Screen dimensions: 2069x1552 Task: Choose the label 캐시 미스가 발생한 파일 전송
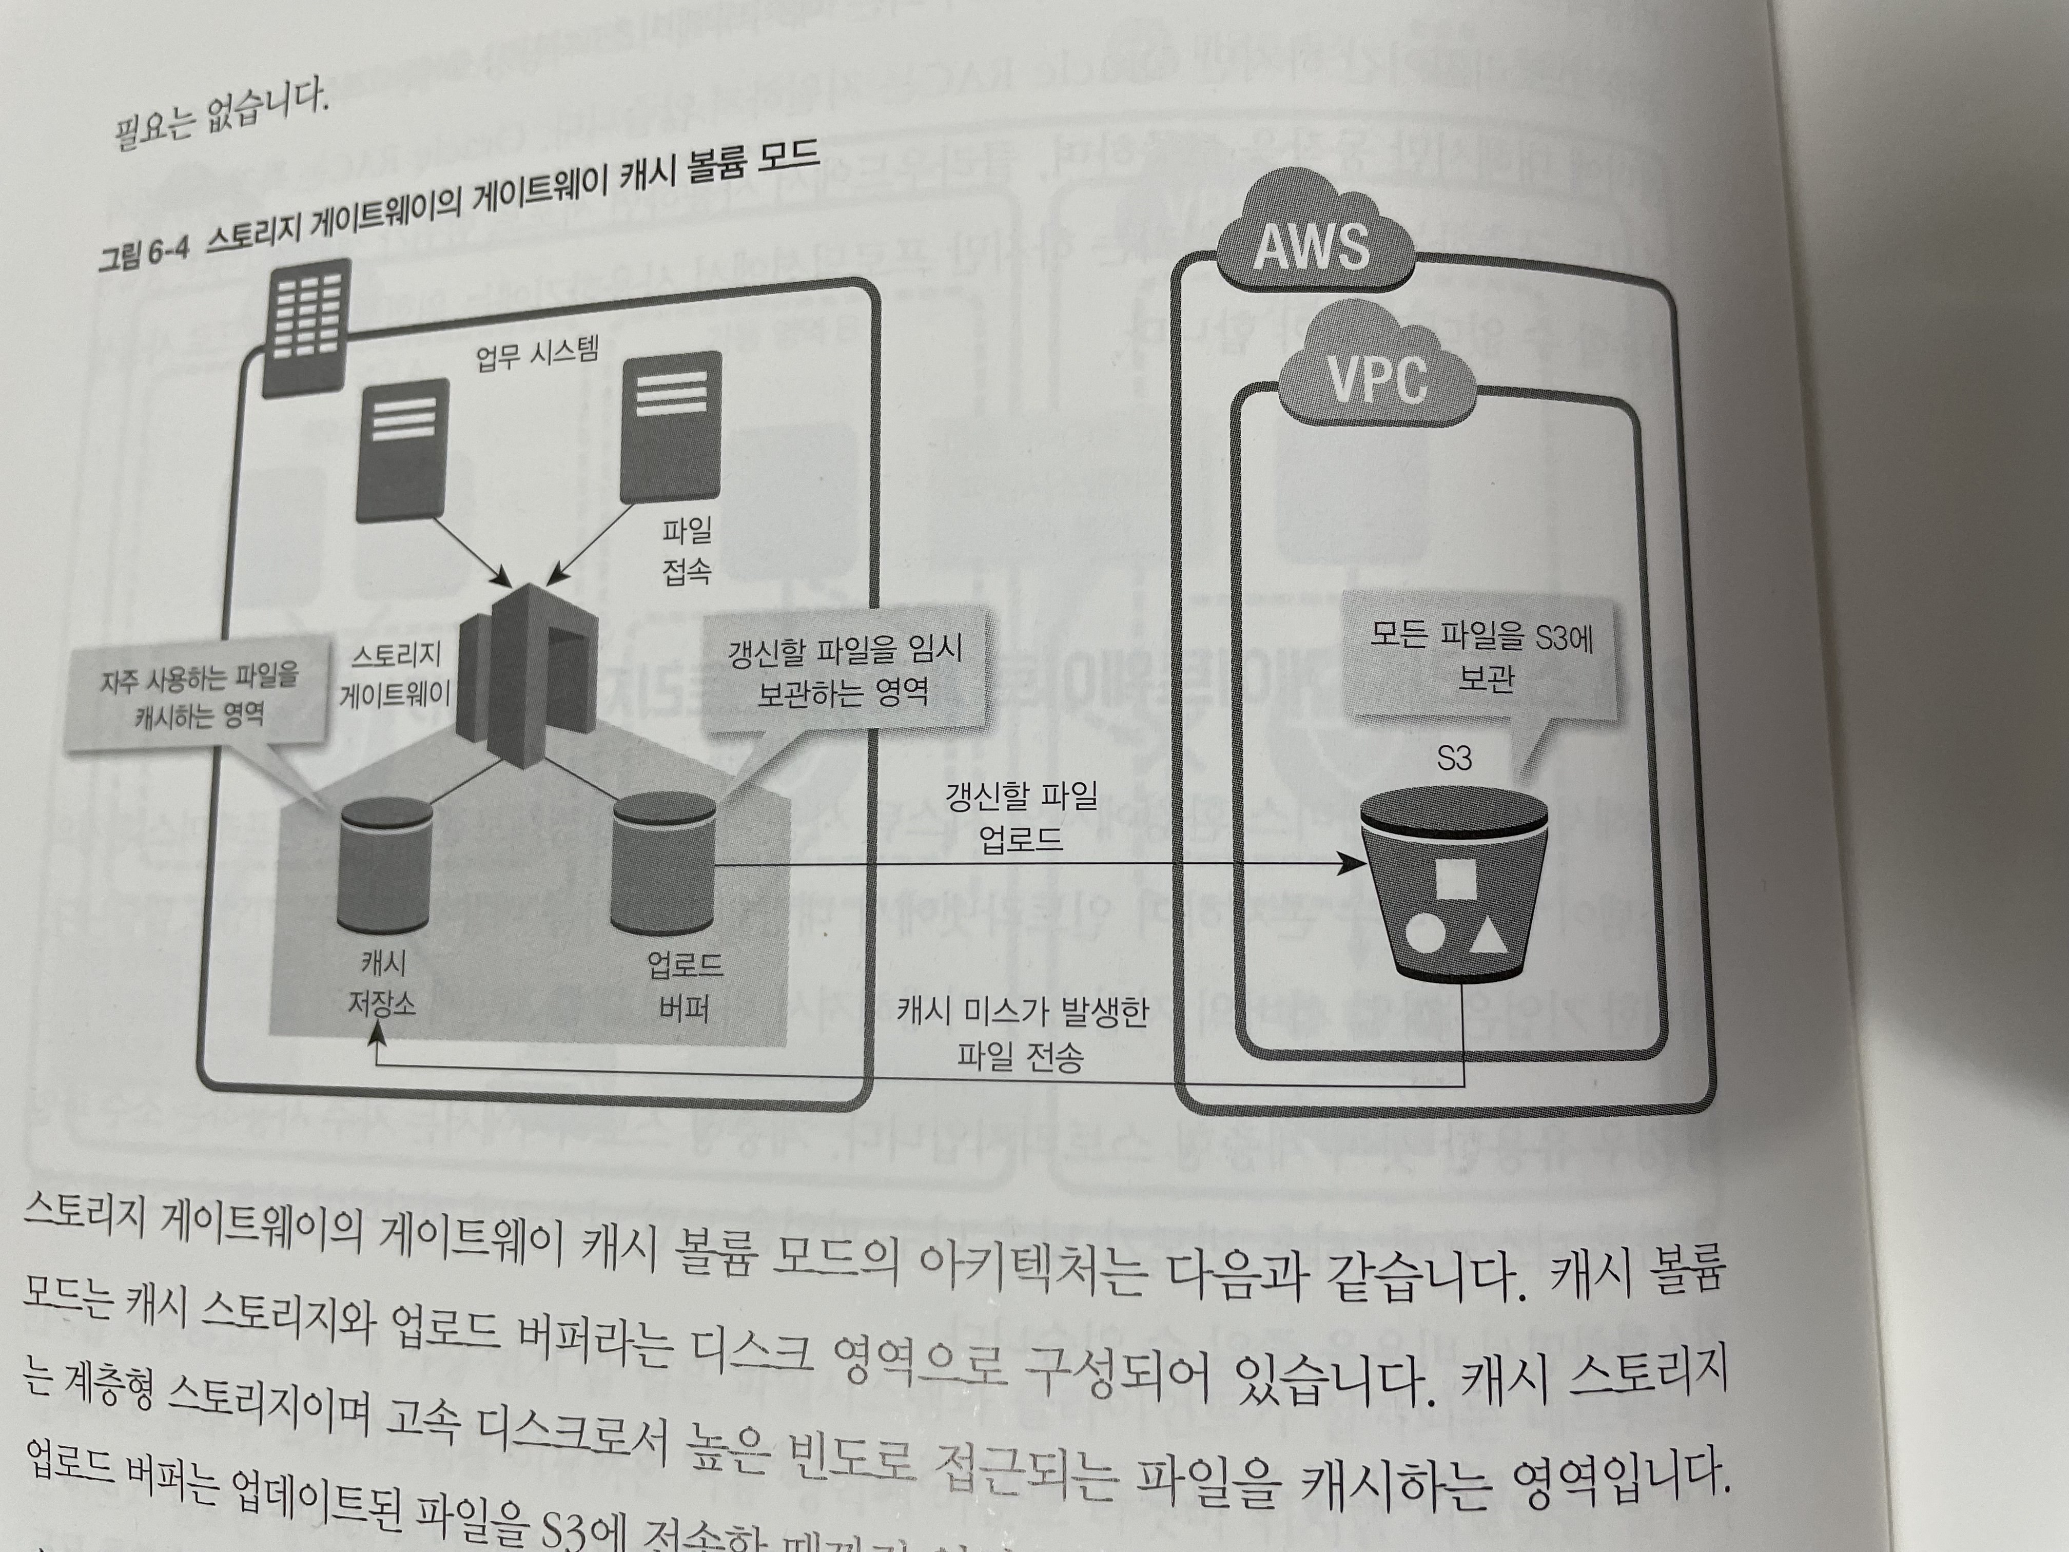1021,1034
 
